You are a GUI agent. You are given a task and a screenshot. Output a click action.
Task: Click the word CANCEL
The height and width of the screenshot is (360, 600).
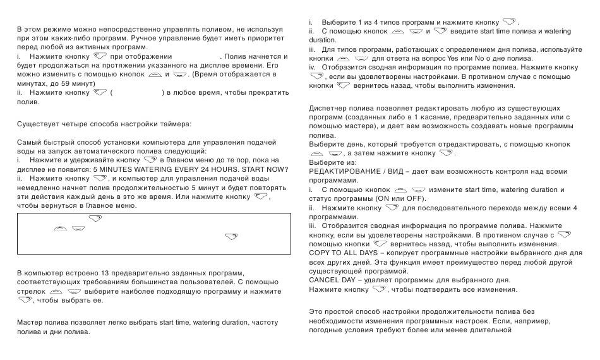[323, 280]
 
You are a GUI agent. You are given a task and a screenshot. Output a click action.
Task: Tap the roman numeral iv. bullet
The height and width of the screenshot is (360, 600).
[311, 67]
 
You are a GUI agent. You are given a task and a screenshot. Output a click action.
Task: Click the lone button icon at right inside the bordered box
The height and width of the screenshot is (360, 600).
[231, 237]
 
